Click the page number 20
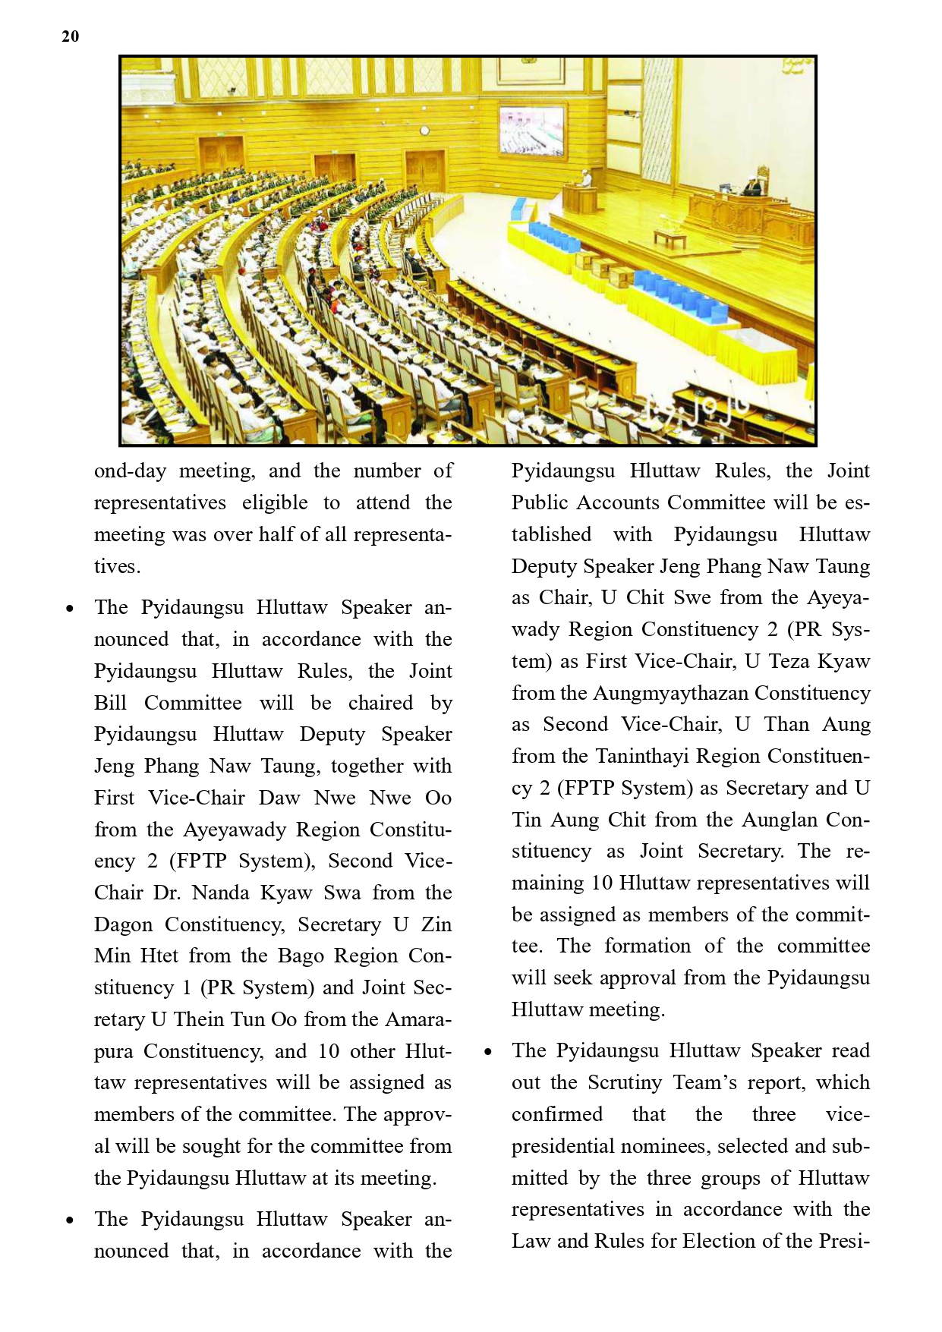[70, 36]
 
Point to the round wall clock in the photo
[424, 131]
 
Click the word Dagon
[122, 924]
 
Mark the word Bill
[110, 703]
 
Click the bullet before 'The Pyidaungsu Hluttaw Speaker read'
[488, 1052]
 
